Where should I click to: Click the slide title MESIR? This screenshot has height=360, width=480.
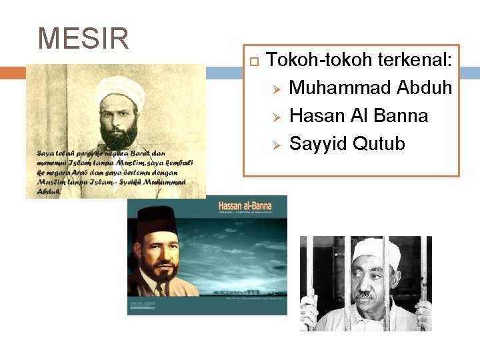(x=83, y=39)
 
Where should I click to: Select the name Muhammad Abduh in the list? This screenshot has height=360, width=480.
(x=371, y=88)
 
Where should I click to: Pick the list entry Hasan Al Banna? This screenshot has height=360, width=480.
(x=359, y=116)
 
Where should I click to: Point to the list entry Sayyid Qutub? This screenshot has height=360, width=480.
(x=347, y=144)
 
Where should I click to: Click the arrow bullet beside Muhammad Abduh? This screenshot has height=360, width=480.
(x=279, y=89)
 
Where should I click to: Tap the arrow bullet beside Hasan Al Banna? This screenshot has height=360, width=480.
(x=279, y=117)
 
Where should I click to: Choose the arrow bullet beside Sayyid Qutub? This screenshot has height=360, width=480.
(x=279, y=145)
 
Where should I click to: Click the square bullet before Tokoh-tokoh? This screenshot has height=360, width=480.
(x=253, y=61)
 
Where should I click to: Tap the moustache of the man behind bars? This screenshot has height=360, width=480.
(x=363, y=293)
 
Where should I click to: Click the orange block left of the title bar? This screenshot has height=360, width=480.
(x=12, y=73)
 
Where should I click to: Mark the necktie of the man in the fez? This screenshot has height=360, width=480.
(x=161, y=290)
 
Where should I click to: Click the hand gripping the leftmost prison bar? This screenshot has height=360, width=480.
(x=309, y=312)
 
